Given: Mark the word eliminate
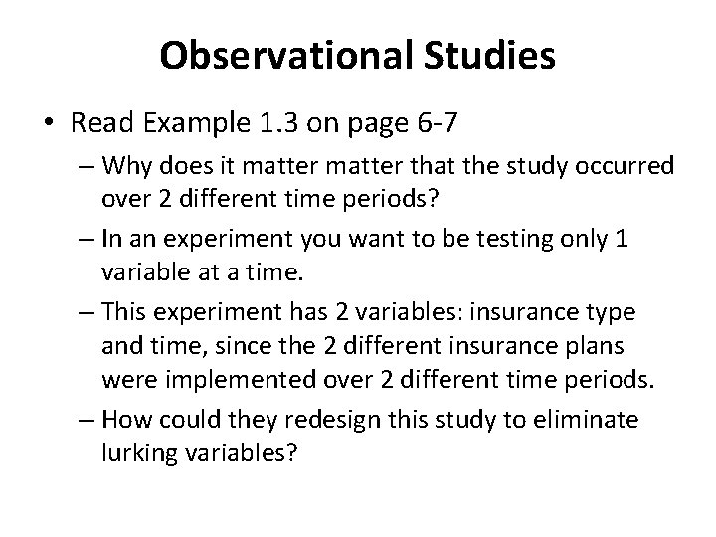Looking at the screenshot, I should [586, 421].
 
